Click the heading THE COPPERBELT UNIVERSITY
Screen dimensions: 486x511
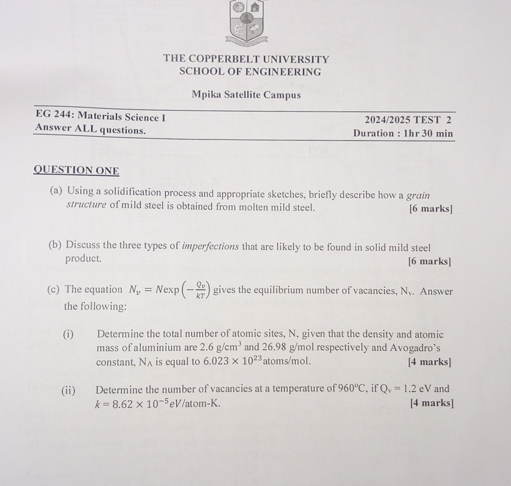click(x=246, y=59)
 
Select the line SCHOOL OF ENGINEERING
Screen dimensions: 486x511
click(x=250, y=72)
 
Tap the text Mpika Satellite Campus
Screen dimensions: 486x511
click(x=246, y=94)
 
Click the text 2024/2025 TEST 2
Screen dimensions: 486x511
click(x=408, y=120)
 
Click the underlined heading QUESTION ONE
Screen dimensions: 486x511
click(x=76, y=171)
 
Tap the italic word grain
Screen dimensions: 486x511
click(x=418, y=196)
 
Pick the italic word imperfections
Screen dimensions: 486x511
click(x=210, y=247)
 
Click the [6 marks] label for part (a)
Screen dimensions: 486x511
click(x=431, y=208)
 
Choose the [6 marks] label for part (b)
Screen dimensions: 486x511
click(x=430, y=261)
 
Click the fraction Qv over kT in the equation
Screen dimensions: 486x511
click(x=200, y=290)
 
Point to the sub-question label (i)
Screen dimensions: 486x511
click(x=68, y=334)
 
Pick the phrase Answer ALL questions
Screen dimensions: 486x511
click(x=90, y=129)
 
